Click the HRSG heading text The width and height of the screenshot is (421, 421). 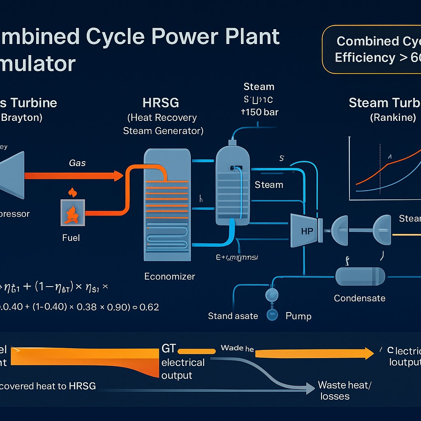[160, 102]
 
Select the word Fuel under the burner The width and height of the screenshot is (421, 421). [71, 238]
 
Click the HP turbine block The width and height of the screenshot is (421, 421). [306, 231]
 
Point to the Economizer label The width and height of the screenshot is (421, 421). [169, 277]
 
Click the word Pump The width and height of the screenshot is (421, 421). [298, 316]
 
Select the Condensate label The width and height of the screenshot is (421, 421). [359, 298]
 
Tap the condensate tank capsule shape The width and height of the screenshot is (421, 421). [360, 276]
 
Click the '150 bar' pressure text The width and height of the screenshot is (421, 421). [260, 112]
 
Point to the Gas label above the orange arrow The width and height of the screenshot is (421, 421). [77, 163]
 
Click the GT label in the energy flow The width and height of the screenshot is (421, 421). [169, 349]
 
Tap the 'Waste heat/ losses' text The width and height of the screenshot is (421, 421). [344, 391]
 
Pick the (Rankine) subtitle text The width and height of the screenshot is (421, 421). [393, 118]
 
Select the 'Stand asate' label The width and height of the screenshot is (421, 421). [233, 316]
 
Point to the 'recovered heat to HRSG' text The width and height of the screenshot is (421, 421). [48, 386]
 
